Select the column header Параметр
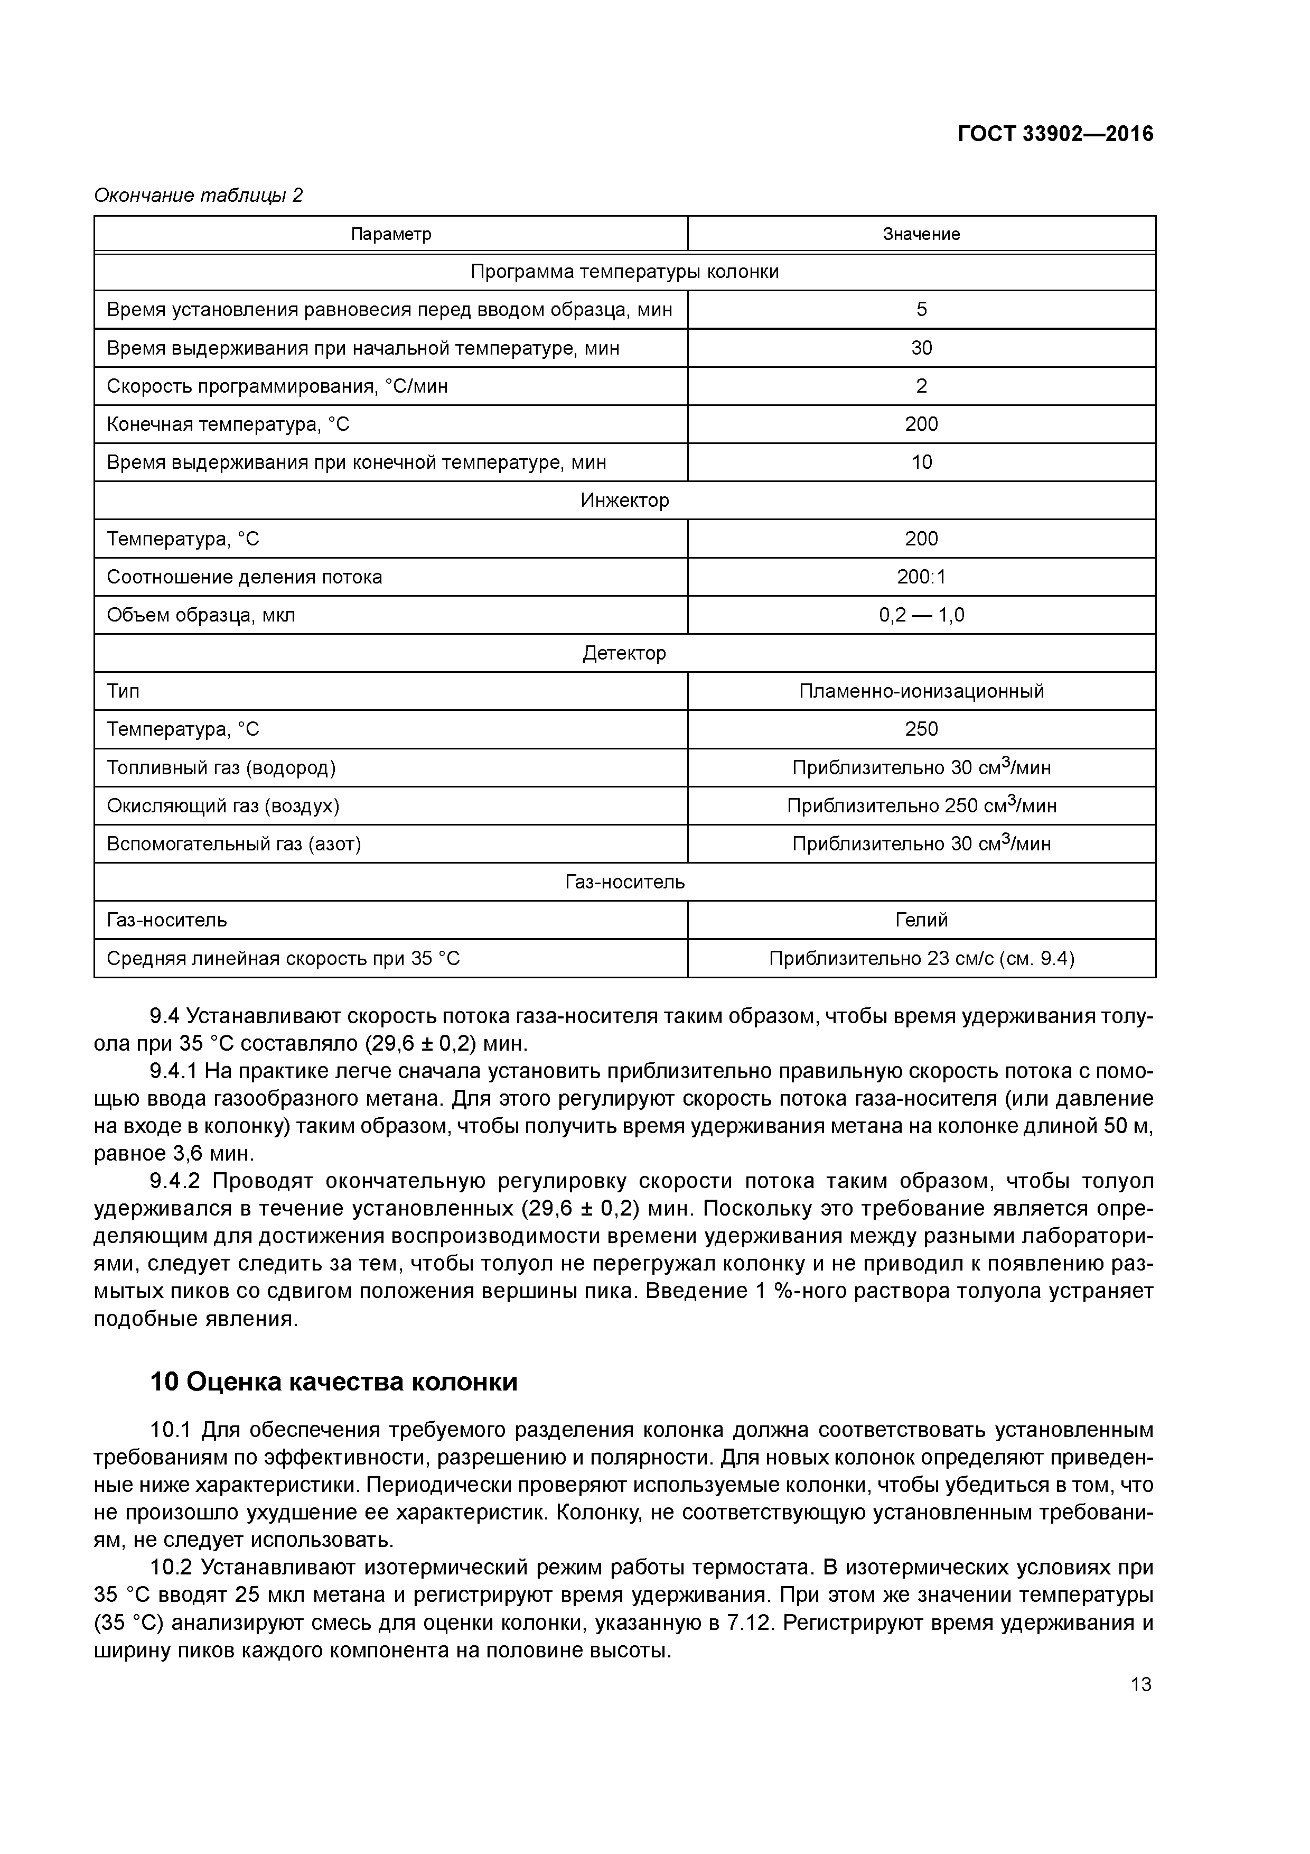(391, 234)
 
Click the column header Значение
(921, 234)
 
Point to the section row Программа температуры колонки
(625, 272)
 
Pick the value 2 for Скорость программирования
(921, 386)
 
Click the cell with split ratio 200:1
(921, 577)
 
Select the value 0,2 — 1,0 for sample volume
(921, 615)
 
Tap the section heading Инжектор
(625, 500)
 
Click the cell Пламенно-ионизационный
(921, 691)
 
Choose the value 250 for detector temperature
(921, 729)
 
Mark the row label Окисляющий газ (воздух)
(223, 806)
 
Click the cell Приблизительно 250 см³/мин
(921, 806)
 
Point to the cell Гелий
(921, 920)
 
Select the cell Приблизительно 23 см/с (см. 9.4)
(921, 959)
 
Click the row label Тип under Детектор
(124, 691)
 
